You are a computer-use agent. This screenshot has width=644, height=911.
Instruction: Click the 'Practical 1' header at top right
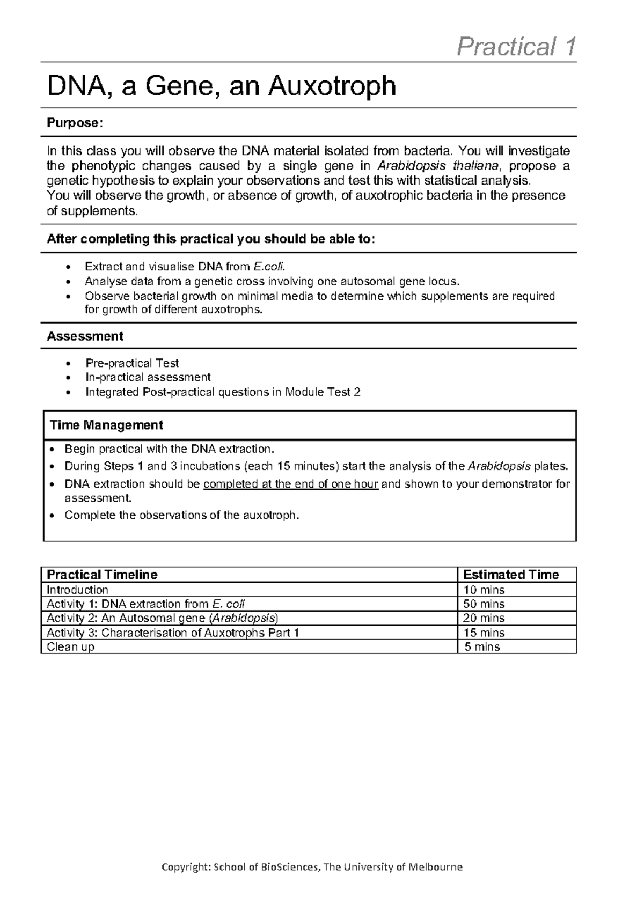(516, 47)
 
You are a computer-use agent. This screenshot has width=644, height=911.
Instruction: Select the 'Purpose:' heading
(74, 123)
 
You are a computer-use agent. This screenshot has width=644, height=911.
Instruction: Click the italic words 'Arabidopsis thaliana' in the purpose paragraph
(438, 165)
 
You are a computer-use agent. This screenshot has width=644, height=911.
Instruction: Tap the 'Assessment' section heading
(85, 336)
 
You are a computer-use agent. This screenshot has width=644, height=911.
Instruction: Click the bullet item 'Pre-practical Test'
(132, 363)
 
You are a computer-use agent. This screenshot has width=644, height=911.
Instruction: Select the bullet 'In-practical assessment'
(148, 378)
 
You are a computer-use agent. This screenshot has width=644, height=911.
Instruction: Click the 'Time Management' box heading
(106, 425)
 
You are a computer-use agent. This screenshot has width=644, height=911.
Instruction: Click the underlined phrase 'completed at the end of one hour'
(291, 484)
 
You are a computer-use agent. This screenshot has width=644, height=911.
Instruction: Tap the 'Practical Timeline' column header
(102, 575)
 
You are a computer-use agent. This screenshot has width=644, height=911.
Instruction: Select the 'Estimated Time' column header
(510, 575)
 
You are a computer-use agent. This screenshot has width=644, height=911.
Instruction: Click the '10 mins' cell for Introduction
(484, 590)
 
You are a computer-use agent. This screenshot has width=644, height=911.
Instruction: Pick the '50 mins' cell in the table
(484, 604)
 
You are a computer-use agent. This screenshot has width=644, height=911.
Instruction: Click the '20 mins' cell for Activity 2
(484, 619)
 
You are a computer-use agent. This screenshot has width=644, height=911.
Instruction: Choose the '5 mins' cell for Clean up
(482, 647)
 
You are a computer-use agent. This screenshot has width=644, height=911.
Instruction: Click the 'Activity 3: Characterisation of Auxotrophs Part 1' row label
(173, 633)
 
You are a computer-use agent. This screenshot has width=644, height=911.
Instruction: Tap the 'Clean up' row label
(70, 647)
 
